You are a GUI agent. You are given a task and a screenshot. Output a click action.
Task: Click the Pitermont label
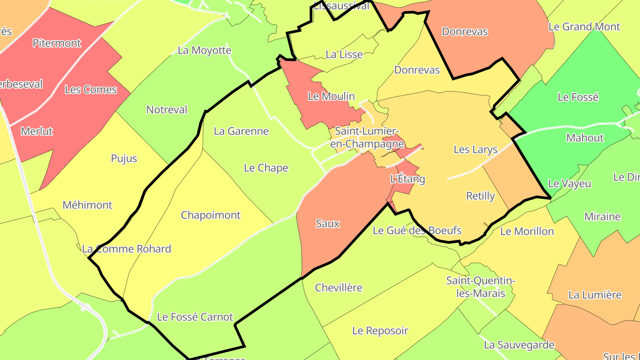pyautogui.click(x=57, y=43)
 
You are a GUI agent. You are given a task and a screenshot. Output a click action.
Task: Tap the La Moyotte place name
pyautogui.click(x=204, y=50)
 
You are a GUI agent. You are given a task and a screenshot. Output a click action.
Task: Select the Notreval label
pyautogui.click(x=167, y=110)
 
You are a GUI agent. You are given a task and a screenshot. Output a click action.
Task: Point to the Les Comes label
pyautogui.click(x=91, y=89)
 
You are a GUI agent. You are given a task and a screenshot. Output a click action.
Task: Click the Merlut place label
pyautogui.click(x=37, y=131)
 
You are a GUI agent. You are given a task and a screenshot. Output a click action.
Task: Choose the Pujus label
pyautogui.click(x=124, y=159)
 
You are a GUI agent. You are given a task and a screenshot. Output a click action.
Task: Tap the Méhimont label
pyautogui.click(x=88, y=205)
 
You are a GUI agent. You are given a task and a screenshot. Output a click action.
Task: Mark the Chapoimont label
pyautogui.click(x=211, y=215)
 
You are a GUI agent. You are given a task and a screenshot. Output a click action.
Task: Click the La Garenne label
pyautogui.click(x=241, y=131)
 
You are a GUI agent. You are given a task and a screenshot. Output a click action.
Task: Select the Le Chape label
pyautogui.click(x=266, y=168)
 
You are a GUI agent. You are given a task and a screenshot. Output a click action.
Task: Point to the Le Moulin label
pyautogui.click(x=332, y=96)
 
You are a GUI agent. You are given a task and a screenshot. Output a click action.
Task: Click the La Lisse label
pyautogui.click(x=344, y=55)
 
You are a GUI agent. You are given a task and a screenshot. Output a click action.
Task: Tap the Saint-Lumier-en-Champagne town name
pyautogui.click(x=367, y=137)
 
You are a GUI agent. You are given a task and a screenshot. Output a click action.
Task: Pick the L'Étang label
pyautogui.click(x=408, y=179)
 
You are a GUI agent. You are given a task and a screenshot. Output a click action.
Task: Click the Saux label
pyautogui.click(x=328, y=224)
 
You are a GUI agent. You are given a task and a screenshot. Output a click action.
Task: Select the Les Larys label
pyautogui.click(x=476, y=149)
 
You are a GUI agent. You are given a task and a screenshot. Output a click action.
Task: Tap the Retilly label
pyautogui.click(x=480, y=196)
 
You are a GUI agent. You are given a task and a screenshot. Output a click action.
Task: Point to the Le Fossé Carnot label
pyautogui.click(x=195, y=317)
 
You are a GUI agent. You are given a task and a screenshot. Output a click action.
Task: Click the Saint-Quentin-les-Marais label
pyautogui.click(x=480, y=287)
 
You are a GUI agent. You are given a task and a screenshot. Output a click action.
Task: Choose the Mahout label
pyautogui.click(x=585, y=138)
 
